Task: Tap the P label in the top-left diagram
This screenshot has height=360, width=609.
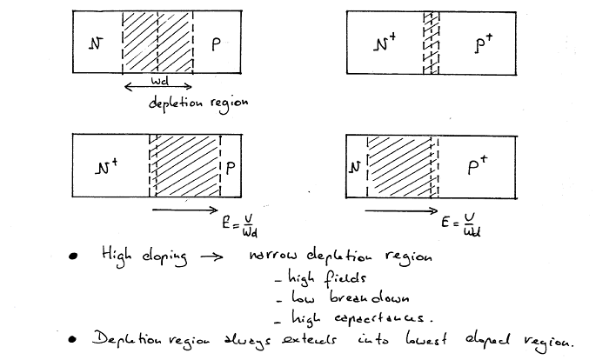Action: [x=216, y=41]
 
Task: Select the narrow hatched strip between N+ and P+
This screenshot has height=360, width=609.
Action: [x=427, y=41]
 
